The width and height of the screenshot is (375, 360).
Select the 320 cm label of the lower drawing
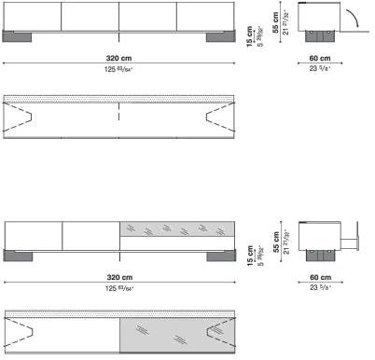point(118,278)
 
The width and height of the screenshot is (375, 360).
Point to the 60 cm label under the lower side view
point(320,278)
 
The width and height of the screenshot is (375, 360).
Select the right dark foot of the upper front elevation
point(219,37)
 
